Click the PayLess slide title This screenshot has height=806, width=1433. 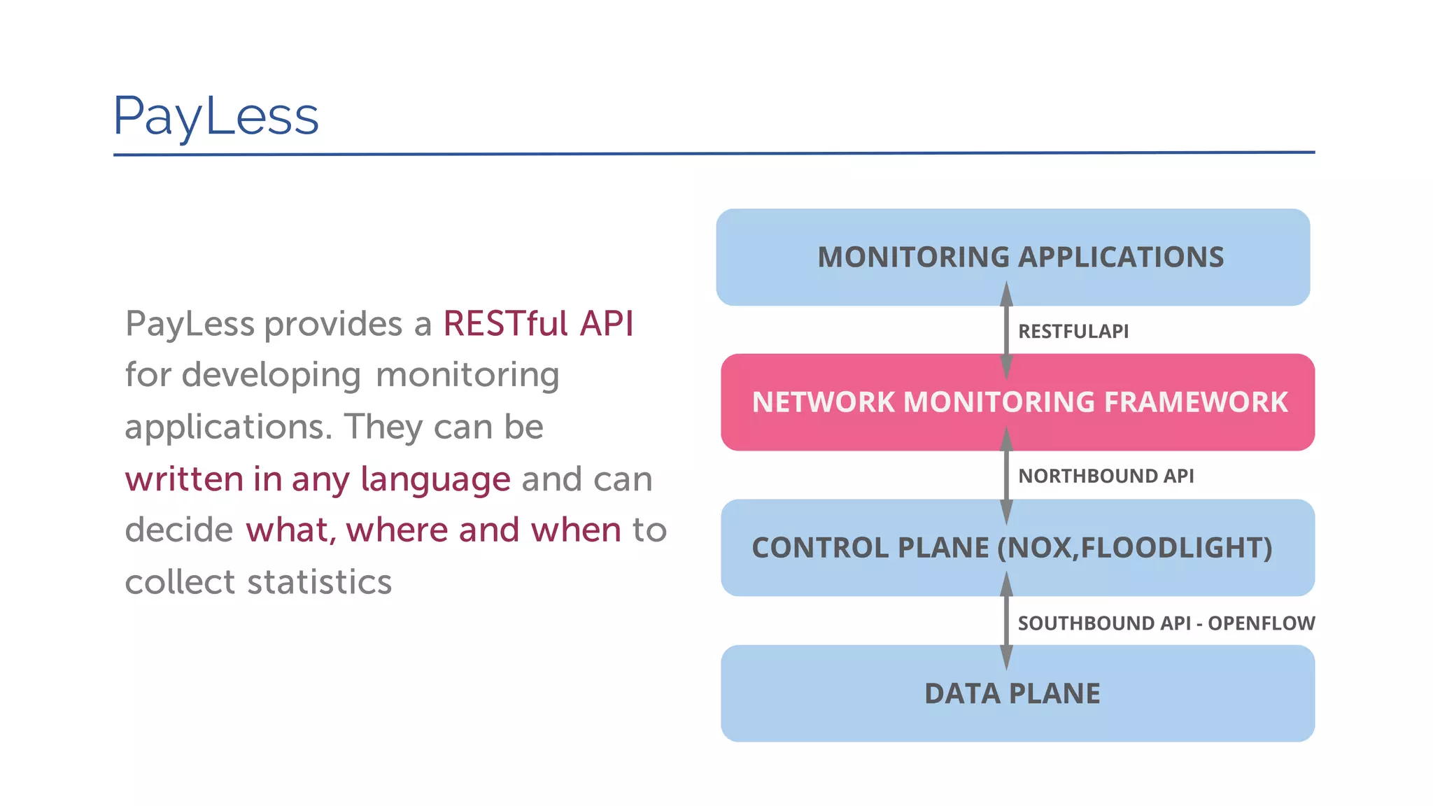coord(216,116)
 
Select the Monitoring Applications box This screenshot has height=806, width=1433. coord(1012,257)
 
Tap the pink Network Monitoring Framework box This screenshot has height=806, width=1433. coord(1017,402)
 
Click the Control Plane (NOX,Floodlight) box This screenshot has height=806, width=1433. coord(1017,548)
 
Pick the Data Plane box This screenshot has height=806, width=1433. coord(1017,693)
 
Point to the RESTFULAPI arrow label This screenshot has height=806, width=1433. coord(1073,331)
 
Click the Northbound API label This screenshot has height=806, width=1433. coord(1106,476)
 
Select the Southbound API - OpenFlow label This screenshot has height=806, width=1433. coord(1166,623)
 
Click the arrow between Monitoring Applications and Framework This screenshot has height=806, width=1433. coord(1006,330)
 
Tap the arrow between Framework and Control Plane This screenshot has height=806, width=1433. coord(1006,476)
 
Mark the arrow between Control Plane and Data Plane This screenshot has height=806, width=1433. coord(1006,621)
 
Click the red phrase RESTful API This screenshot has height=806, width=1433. coord(538,324)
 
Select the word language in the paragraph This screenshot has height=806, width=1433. coord(435,480)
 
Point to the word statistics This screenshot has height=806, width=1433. coord(320,582)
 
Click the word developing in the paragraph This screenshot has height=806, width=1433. coord(271,376)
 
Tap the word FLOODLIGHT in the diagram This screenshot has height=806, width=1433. coord(1176,548)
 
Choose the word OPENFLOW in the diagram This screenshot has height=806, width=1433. coord(1261,623)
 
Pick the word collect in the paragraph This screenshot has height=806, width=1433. coord(181,582)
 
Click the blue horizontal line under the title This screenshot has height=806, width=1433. coord(714,153)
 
